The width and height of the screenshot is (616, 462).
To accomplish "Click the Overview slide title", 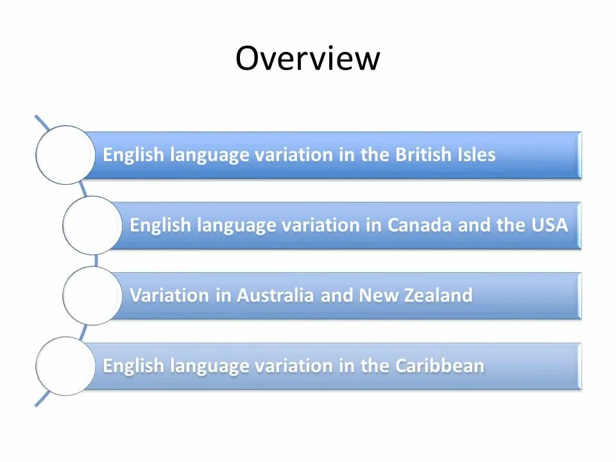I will tap(307, 58).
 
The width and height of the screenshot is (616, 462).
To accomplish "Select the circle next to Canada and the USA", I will tap(91, 225).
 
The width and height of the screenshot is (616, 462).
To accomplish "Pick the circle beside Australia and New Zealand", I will tap(91, 295).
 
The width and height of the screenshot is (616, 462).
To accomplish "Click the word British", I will tap(421, 155).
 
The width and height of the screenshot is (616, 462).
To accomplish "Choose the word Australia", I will tap(275, 295).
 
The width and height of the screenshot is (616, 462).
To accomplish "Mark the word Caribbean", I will tap(440, 366).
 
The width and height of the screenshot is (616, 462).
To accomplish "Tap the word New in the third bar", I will tap(374, 295).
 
